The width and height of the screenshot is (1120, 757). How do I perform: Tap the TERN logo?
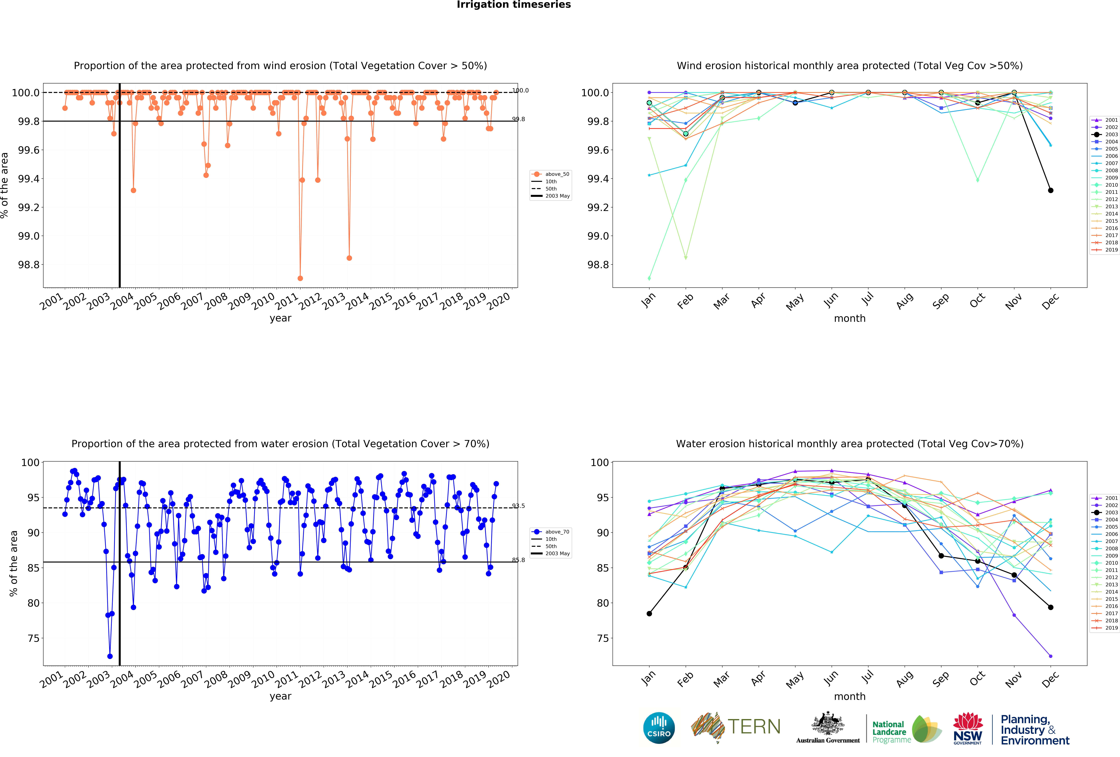pos(736,727)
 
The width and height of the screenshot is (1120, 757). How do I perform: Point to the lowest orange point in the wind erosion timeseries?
pos(300,278)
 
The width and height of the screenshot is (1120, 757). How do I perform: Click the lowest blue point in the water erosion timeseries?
pos(110,656)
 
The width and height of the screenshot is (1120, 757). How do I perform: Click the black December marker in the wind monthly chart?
pos(1051,190)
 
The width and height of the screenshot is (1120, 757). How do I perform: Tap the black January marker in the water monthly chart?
pos(649,614)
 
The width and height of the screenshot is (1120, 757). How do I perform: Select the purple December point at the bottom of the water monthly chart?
pos(1051,656)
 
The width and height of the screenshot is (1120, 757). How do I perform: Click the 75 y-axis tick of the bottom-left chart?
pos(34,638)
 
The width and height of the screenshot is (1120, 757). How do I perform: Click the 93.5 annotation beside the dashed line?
pos(519,506)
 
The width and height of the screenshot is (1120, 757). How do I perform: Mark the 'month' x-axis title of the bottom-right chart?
pos(850,696)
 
